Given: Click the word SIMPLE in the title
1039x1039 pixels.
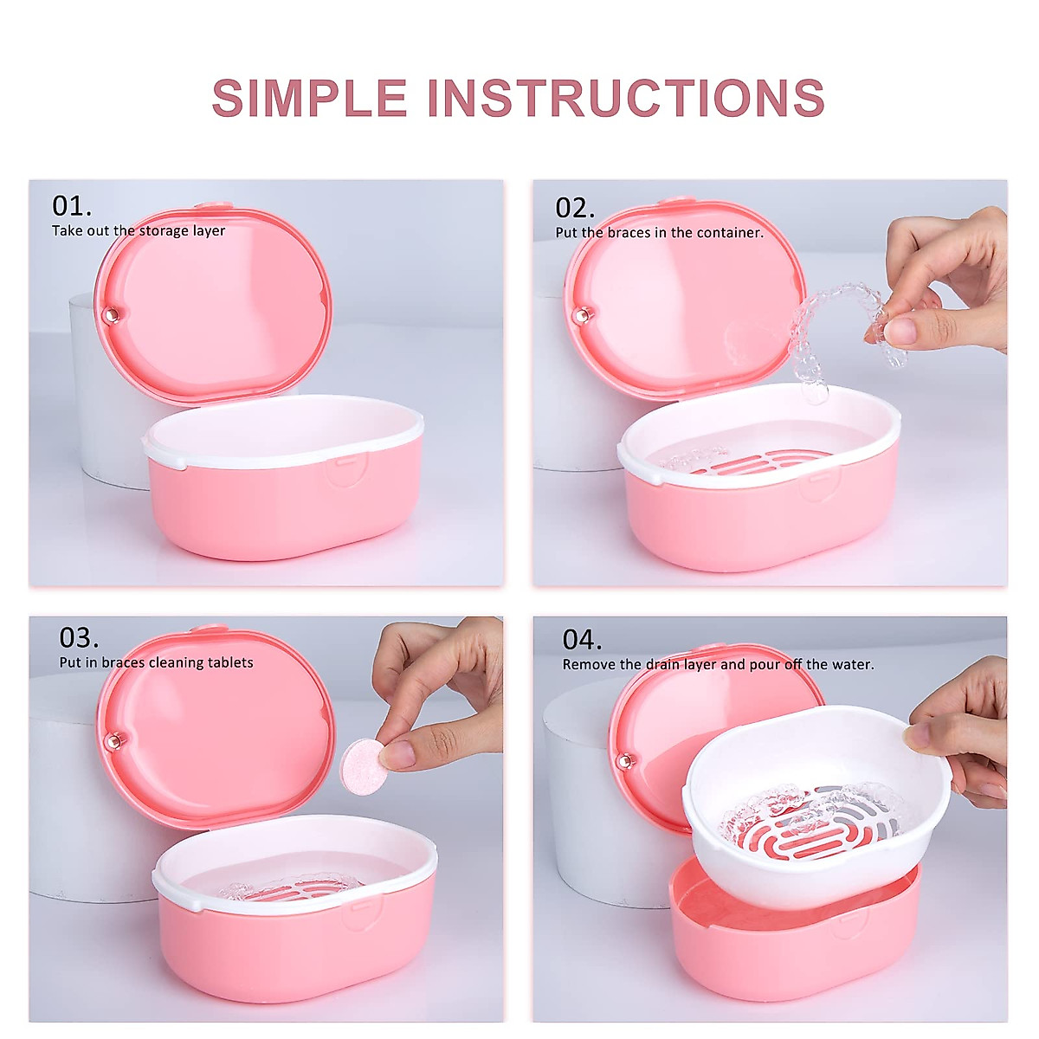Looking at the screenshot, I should pos(309,98).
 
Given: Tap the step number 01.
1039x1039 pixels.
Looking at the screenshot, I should pos(71,206).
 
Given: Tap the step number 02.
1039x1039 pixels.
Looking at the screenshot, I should pos(574,208).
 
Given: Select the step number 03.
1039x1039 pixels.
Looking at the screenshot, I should pos(79,638).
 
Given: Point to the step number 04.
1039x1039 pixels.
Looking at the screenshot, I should pos(582,640).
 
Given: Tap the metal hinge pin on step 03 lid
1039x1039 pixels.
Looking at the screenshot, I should pos(113,740).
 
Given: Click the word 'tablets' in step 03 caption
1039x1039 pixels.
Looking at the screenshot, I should pos(230,663).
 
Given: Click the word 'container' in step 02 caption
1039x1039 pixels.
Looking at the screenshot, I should pos(729,233).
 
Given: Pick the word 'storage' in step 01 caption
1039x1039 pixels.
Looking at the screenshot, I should pos(165,231).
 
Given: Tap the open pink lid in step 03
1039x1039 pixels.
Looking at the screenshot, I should pos(216,727).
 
